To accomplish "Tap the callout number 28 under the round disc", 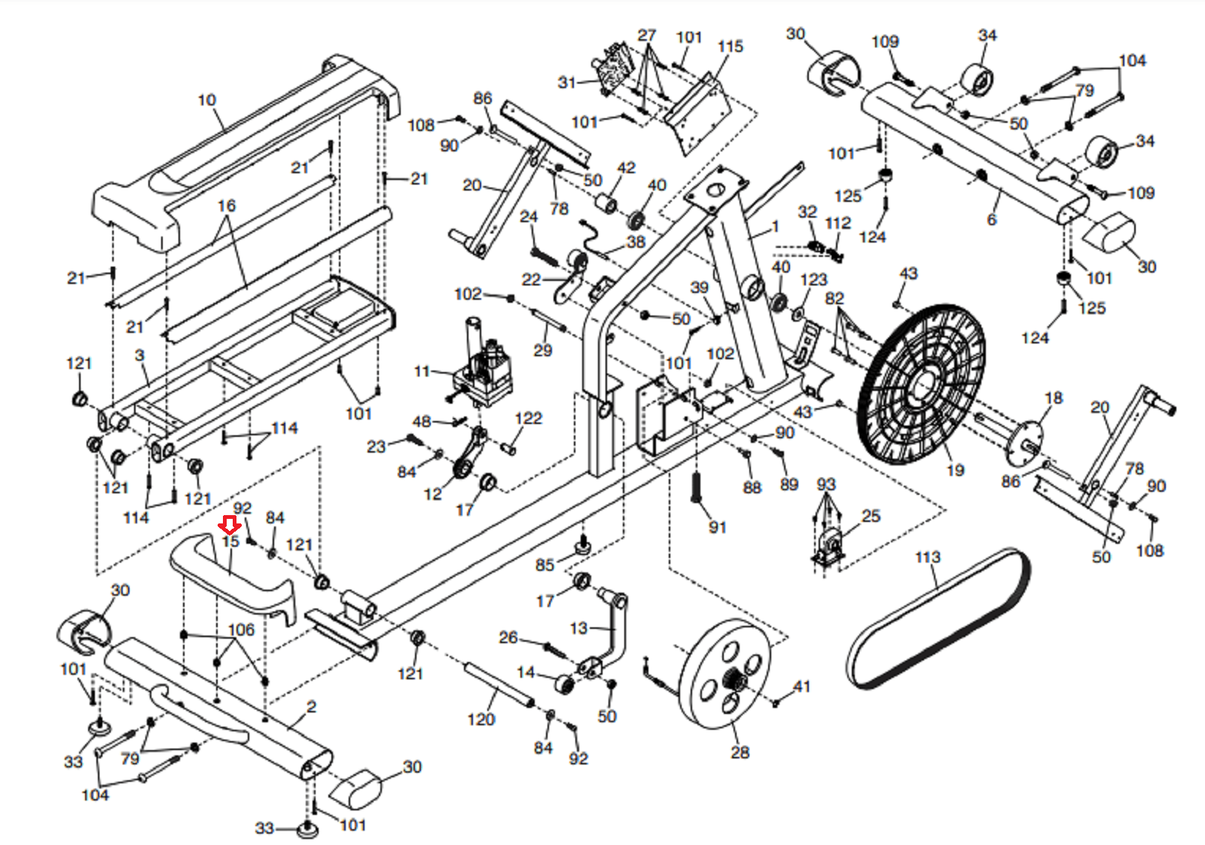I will click(x=740, y=752).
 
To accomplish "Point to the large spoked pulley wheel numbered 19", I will click(x=920, y=385).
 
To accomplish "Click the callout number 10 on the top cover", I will click(x=206, y=100).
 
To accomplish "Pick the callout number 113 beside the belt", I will click(x=927, y=557).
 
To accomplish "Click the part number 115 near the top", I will click(x=730, y=47).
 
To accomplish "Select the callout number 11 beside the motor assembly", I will click(x=422, y=371).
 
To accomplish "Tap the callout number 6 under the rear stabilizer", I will click(x=992, y=219).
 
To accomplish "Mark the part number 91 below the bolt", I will click(x=717, y=527).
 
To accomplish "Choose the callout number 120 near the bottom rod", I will click(x=480, y=720).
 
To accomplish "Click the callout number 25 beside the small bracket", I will click(x=871, y=516).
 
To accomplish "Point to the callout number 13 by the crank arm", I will click(x=578, y=628).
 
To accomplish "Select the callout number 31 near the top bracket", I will click(x=566, y=83).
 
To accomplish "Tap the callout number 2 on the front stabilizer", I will click(x=311, y=706).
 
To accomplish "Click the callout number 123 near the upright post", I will click(x=813, y=280).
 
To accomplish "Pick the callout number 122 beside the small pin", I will click(x=528, y=419).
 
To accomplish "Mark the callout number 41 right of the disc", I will click(x=801, y=687).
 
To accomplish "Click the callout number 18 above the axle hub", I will click(x=1053, y=398).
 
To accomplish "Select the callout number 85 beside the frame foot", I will click(x=545, y=565).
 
